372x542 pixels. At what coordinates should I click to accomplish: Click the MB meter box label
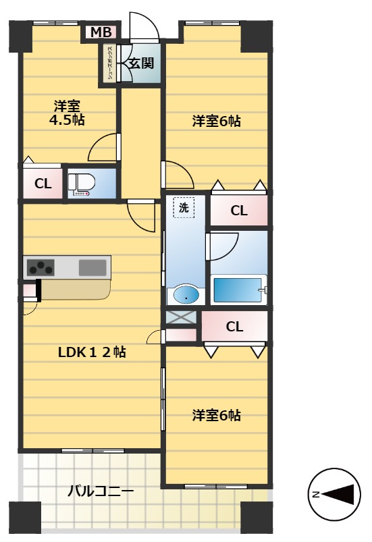[101, 32]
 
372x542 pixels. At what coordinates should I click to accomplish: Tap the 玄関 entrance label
[142, 63]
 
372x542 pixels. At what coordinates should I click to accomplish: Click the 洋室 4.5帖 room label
[66, 113]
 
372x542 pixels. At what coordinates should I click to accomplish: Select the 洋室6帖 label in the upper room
[216, 121]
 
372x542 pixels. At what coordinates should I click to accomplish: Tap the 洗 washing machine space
[184, 209]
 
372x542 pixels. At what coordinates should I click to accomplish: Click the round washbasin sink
[184, 295]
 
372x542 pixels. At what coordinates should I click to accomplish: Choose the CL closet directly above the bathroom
[239, 211]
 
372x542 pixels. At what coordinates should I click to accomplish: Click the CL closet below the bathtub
[234, 327]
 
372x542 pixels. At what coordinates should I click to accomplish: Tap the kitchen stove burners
[40, 268]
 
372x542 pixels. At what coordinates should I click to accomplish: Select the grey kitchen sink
[92, 267]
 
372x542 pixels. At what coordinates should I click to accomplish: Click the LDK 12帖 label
[92, 352]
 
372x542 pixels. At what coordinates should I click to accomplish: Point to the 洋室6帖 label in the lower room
[216, 415]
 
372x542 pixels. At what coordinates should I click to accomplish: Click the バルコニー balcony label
[101, 491]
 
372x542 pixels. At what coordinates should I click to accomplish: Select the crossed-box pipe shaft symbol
[181, 317]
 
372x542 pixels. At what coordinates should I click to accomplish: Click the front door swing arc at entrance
[144, 26]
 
